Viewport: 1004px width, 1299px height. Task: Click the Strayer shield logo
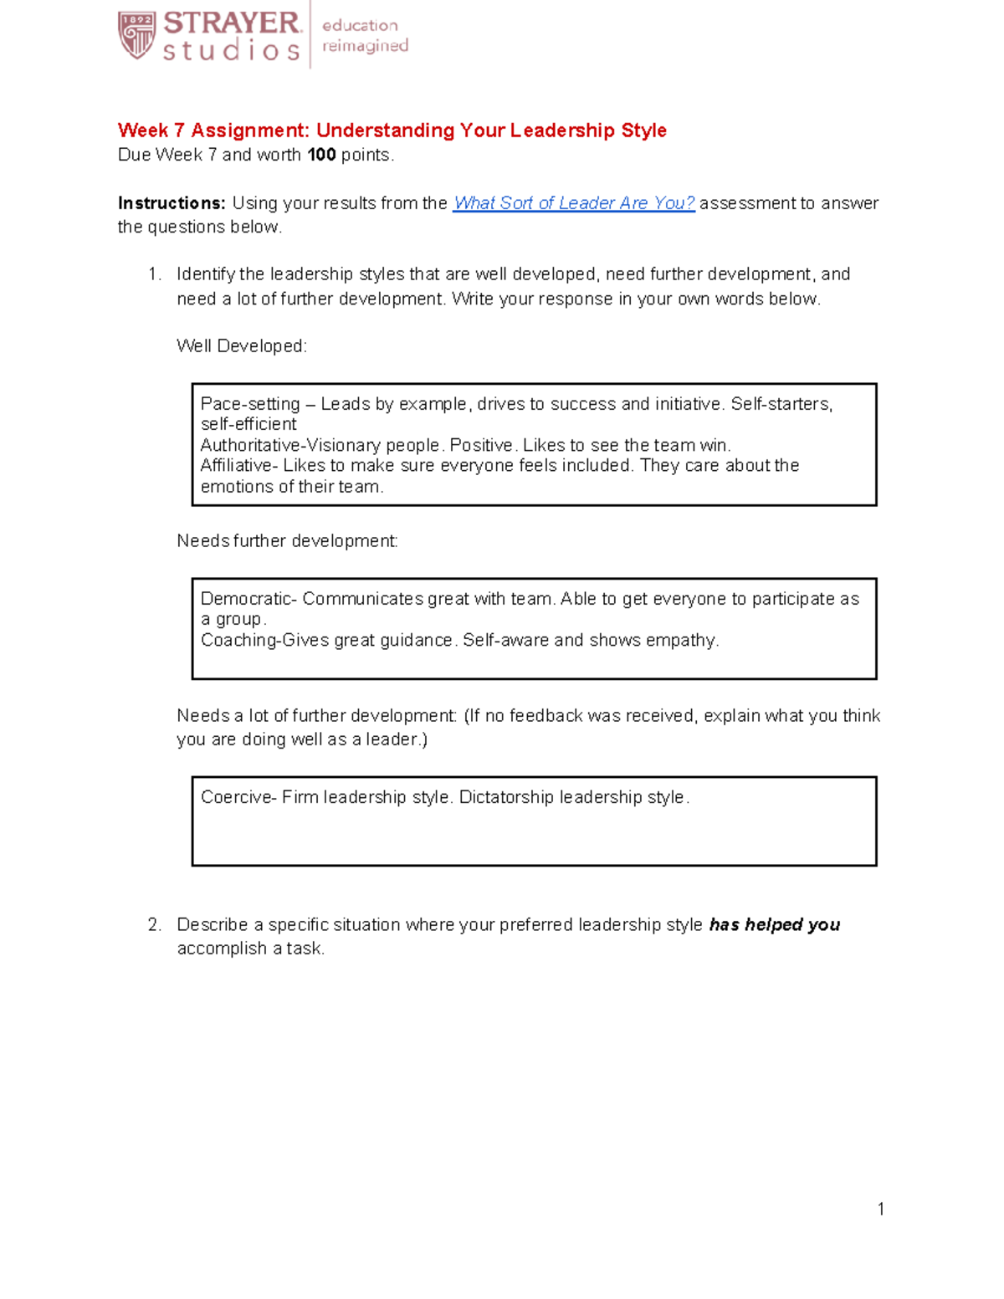(136, 35)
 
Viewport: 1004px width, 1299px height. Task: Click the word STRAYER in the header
(232, 23)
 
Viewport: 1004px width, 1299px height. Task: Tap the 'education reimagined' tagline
(365, 36)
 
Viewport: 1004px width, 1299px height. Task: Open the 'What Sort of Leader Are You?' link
(573, 203)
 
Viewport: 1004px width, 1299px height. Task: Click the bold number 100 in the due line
(321, 155)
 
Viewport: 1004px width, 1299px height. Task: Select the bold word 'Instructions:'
(172, 203)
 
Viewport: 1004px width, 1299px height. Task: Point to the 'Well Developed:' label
(242, 346)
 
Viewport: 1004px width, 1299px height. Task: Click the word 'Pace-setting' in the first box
(249, 404)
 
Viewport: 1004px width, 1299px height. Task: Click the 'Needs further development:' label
(287, 541)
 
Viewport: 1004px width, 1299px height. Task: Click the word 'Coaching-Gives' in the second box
(264, 641)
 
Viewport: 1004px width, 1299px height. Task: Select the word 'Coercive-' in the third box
(238, 797)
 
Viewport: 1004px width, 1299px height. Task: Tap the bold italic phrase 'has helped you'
(774, 925)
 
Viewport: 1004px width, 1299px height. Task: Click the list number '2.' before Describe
(154, 925)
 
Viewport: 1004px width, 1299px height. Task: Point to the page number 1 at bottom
(880, 1209)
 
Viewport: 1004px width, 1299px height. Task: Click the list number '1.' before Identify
(154, 274)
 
